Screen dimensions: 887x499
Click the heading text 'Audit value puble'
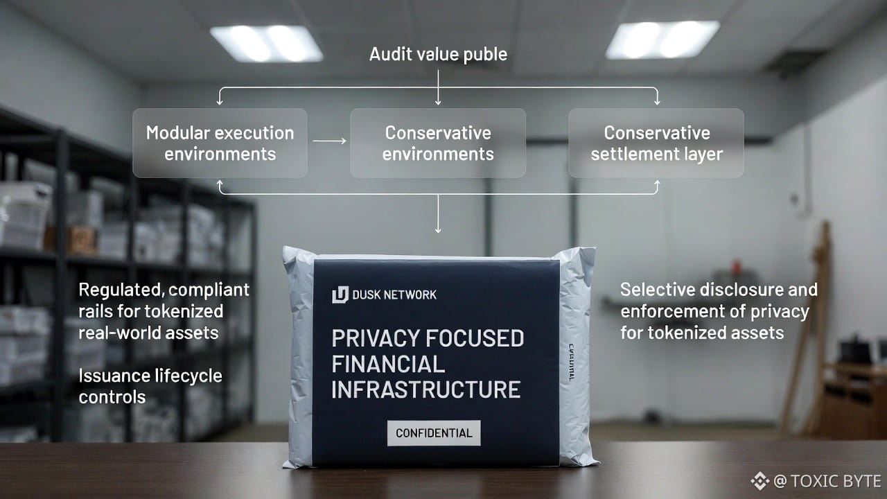click(x=438, y=54)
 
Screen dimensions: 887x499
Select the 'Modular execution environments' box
click(x=220, y=143)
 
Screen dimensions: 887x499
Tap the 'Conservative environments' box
click(x=438, y=143)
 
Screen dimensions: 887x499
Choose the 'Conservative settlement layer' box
click(x=656, y=143)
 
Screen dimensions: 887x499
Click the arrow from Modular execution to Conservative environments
click(x=328, y=141)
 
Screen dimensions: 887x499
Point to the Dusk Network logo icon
click(x=340, y=295)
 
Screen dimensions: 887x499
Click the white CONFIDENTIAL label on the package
click(x=434, y=433)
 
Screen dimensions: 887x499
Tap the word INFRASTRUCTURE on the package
click(x=426, y=389)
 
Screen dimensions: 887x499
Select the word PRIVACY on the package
click(x=367, y=339)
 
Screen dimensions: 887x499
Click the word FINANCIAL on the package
click(x=388, y=364)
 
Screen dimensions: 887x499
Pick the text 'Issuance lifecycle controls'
click(x=150, y=386)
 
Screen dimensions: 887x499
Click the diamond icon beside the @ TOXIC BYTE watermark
click(x=759, y=481)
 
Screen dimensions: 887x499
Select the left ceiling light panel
click(x=266, y=43)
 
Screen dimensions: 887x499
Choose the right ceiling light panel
click(x=662, y=40)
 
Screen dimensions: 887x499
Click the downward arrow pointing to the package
click(x=438, y=222)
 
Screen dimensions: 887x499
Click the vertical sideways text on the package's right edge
click(x=571, y=360)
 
